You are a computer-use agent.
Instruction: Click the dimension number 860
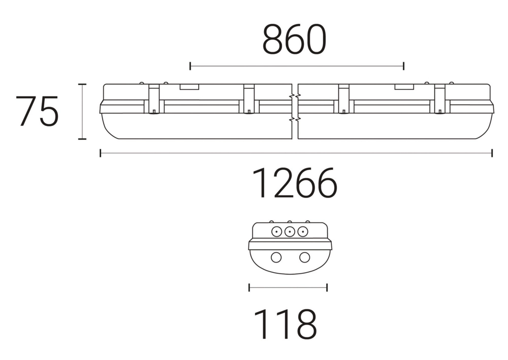tap(294, 40)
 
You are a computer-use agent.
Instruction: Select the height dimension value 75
tap(37, 111)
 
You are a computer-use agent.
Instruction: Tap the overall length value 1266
tap(295, 183)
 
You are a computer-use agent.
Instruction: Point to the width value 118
tap(285, 324)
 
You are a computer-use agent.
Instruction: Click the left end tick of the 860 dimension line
tap(190, 66)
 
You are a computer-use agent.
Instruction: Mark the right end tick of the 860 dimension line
tap(403, 66)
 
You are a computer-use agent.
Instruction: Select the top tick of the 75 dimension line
tap(82, 84)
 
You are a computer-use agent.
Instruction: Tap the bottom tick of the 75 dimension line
tap(82, 139)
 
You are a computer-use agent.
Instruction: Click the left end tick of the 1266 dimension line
tap(101, 153)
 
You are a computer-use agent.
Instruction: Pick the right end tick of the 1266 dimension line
tap(492, 153)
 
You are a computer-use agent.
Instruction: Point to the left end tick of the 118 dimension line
tap(249, 288)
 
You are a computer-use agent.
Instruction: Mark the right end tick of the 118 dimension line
tap(327, 288)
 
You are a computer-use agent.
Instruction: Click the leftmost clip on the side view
tap(154, 99)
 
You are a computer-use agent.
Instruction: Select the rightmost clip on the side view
tap(439, 99)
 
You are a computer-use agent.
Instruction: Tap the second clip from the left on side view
tap(248, 99)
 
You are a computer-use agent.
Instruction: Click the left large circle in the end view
tap(275, 257)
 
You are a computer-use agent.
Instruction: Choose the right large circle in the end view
tap(304, 257)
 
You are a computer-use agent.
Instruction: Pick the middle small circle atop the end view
tap(290, 232)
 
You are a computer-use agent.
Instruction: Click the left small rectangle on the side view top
tap(189, 87)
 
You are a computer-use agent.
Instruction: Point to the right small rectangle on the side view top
tap(404, 87)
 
